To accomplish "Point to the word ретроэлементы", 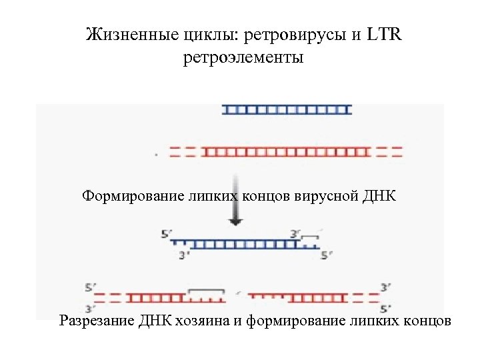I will (243, 58).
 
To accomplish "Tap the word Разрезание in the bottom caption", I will (97, 321).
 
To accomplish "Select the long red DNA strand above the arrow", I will (287, 151).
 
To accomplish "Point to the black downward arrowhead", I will (237, 220).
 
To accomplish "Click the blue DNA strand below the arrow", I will (247, 244).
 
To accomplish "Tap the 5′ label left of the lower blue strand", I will (167, 234).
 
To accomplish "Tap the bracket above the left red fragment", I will (206, 291).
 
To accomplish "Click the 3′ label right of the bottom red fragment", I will (385, 288).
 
